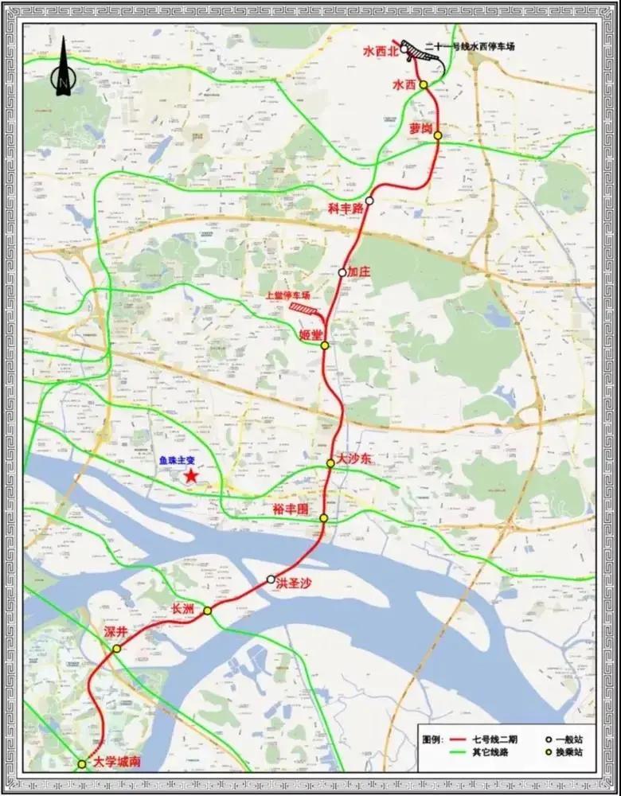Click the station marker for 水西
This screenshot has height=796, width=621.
tap(424, 85)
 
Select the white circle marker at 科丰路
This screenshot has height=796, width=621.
tap(369, 201)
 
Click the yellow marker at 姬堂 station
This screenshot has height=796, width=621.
tap(325, 345)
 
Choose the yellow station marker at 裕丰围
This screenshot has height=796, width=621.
tap(324, 519)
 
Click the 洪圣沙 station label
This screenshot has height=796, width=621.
tap(294, 583)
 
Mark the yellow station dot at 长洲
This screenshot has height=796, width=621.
tap(207, 611)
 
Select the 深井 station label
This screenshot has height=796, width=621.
tap(116, 631)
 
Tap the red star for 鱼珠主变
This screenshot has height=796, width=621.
tap(192, 476)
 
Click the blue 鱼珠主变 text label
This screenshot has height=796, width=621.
tap(178, 459)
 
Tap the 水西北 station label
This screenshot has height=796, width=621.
tap(380, 50)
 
